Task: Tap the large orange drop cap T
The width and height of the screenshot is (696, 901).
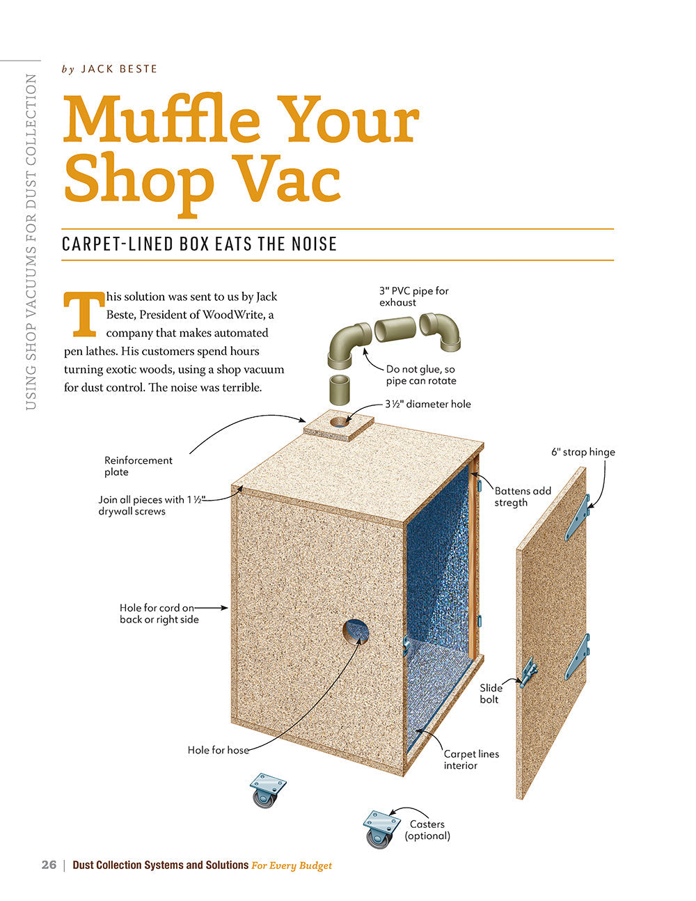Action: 84,314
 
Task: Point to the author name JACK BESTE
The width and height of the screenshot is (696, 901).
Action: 119,69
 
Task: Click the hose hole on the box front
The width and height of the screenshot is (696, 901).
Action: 356,632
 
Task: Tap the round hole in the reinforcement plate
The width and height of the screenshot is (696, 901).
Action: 340,422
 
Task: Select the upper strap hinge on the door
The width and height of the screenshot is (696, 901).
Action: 578,518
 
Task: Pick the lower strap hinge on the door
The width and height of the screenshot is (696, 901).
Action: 578,657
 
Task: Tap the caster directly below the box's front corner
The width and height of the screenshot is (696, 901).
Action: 268,790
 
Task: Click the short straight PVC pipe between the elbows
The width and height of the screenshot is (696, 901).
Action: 395,329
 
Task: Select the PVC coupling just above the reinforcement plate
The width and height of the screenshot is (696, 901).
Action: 340,389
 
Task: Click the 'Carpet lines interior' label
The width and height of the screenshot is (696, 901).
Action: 471,760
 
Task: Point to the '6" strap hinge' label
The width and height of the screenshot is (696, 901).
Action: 583,452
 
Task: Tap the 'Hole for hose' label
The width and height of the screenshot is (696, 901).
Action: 218,750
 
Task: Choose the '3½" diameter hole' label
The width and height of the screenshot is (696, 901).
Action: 428,404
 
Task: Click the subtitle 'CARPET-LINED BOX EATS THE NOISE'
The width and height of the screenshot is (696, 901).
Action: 199,244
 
